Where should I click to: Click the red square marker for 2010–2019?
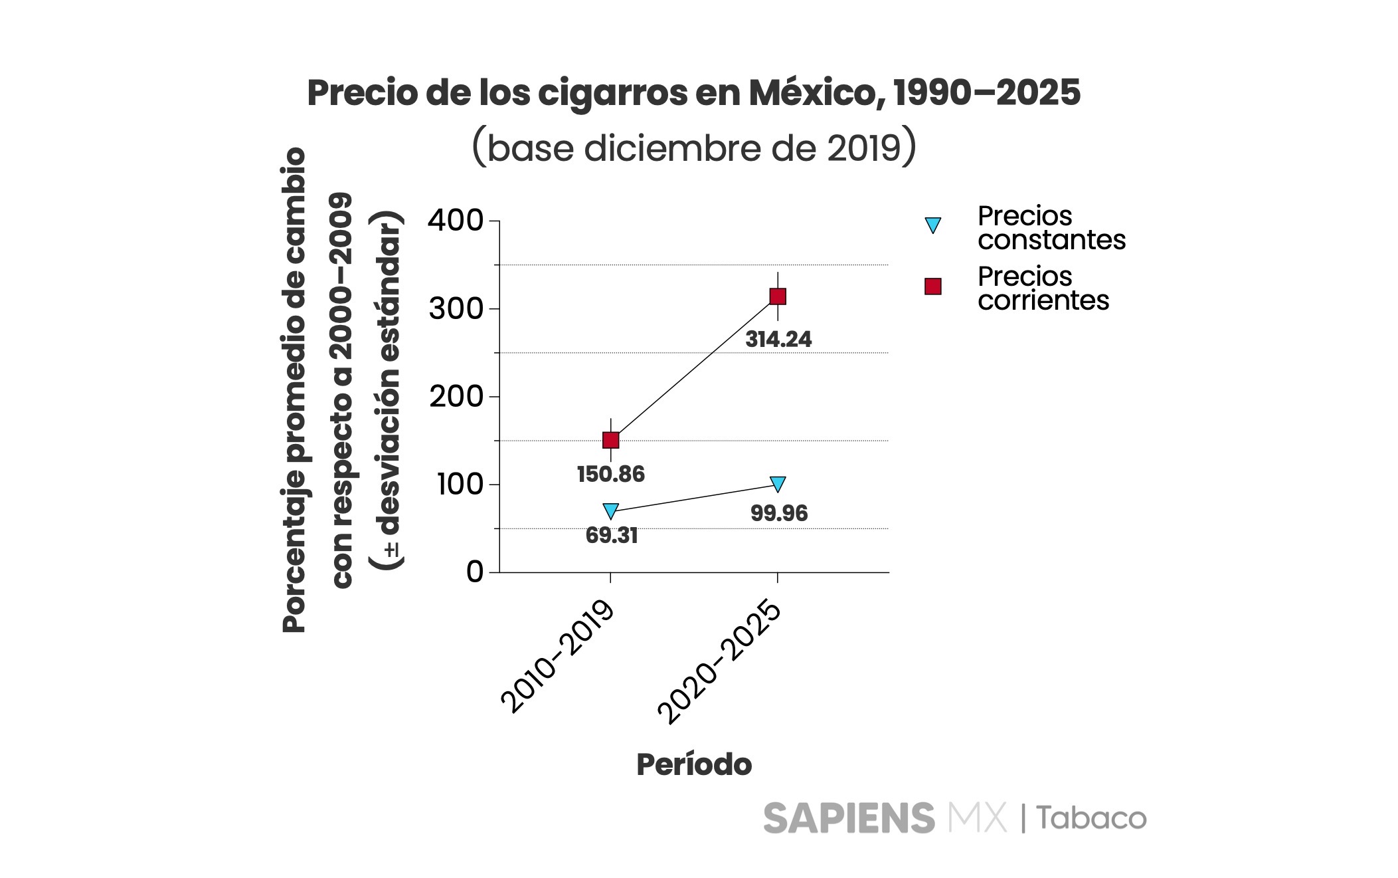click(x=610, y=440)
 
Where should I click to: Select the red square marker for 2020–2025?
click(x=778, y=296)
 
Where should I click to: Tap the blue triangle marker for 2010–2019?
click(x=610, y=510)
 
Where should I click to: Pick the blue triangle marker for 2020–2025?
click(x=778, y=483)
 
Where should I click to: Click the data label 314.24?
click(x=778, y=340)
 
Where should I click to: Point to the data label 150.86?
click(x=610, y=475)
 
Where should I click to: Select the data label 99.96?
click(x=779, y=513)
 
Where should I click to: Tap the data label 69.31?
click(x=612, y=536)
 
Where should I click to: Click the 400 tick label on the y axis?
click(x=455, y=221)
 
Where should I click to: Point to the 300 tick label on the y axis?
click(x=455, y=309)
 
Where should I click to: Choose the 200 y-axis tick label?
click(x=455, y=397)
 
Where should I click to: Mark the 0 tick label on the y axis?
click(x=475, y=572)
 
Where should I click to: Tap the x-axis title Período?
click(x=694, y=765)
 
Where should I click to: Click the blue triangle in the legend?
click(x=933, y=225)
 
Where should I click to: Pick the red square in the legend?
click(x=933, y=286)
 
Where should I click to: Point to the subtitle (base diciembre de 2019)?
click(x=694, y=148)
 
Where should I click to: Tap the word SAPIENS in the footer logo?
click(x=849, y=818)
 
